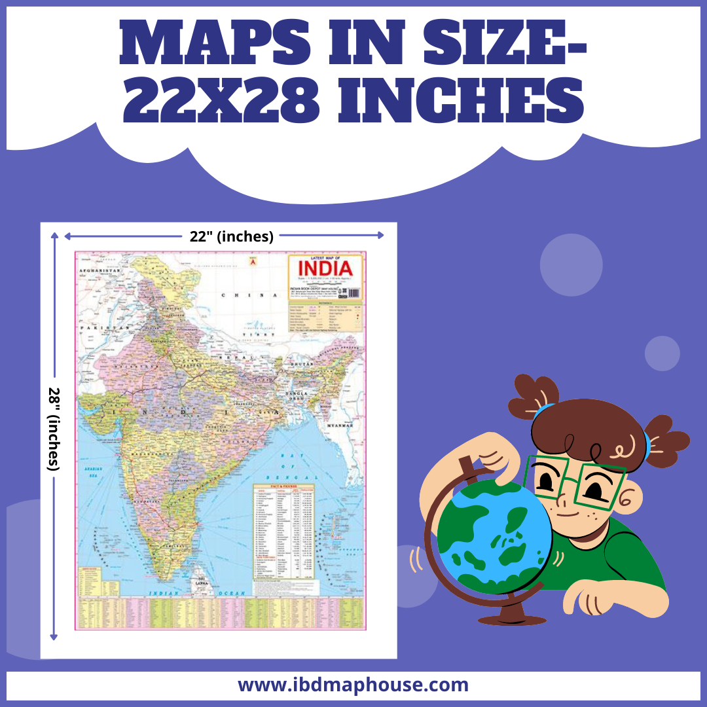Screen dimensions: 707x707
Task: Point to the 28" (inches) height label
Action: pyautogui.click(x=54, y=429)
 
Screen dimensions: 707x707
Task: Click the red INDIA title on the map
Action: pyautogui.click(x=325, y=268)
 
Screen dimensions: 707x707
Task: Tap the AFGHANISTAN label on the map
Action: pyautogui.click(x=100, y=270)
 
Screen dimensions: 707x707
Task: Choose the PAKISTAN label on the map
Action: pyautogui.click(x=100, y=327)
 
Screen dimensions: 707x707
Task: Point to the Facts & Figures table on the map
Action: pyautogui.click(x=284, y=530)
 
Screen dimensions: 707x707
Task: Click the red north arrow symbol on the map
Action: pyautogui.click(x=250, y=262)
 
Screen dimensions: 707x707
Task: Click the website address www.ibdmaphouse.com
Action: pyautogui.click(x=353, y=685)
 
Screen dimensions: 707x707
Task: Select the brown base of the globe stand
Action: pyautogui.click(x=513, y=618)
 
